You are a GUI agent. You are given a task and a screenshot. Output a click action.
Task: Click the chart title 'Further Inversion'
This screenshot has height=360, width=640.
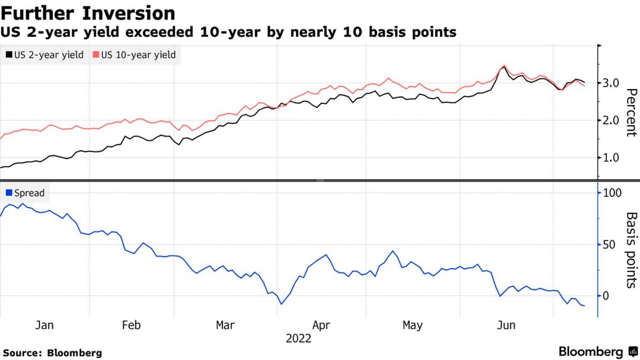(88, 13)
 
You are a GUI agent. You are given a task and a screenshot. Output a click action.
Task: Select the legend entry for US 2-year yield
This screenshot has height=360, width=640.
(45, 55)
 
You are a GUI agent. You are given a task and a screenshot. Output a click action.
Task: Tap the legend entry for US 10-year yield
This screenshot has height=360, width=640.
(134, 55)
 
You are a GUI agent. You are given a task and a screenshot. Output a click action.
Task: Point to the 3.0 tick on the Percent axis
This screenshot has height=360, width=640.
(610, 83)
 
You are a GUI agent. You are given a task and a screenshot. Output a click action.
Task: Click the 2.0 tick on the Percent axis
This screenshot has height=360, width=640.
(610, 120)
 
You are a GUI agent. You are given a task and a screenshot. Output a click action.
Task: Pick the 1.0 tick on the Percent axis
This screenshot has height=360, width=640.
(610, 157)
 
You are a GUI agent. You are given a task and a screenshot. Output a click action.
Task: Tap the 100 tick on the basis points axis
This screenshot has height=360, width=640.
(612, 193)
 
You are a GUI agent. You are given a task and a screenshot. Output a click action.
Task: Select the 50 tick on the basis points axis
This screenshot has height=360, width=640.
(609, 244)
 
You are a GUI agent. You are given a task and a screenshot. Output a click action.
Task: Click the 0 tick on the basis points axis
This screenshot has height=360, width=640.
(605, 296)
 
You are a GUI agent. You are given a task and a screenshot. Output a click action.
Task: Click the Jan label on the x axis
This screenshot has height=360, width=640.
(44, 325)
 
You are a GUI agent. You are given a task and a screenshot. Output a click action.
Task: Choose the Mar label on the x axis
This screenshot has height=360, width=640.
(225, 325)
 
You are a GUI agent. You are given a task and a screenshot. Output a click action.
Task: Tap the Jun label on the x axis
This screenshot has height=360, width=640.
(506, 325)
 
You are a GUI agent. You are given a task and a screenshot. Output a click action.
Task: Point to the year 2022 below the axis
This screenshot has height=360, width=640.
(298, 338)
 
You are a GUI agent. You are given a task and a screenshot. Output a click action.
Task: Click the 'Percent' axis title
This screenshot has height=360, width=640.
(631, 112)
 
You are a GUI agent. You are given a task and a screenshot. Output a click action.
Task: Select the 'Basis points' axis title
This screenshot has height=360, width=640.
(631, 250)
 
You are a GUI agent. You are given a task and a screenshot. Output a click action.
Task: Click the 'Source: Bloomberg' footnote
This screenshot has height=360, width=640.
(52, 353)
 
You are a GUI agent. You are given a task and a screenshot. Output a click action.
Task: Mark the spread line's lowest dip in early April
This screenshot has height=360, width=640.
(281, 304)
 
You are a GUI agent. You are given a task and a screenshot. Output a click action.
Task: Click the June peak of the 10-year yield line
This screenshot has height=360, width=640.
(504, 66)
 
